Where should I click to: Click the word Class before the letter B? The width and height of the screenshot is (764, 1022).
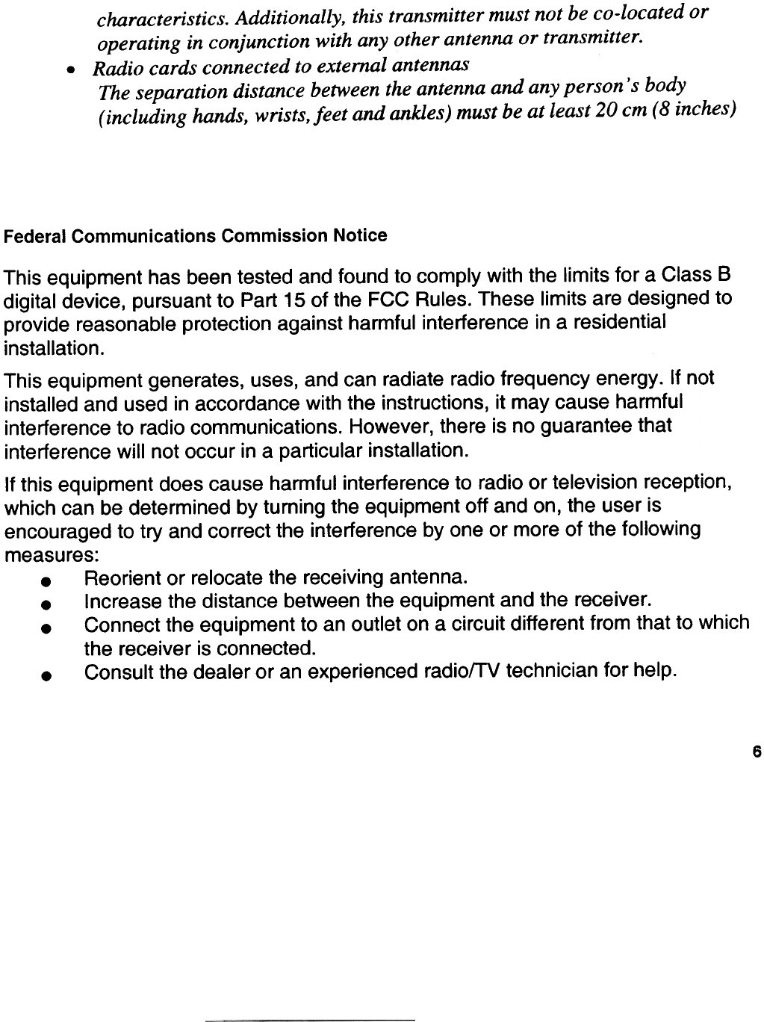tap(683, 276)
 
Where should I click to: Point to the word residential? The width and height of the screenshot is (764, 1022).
tap(618, 323)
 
